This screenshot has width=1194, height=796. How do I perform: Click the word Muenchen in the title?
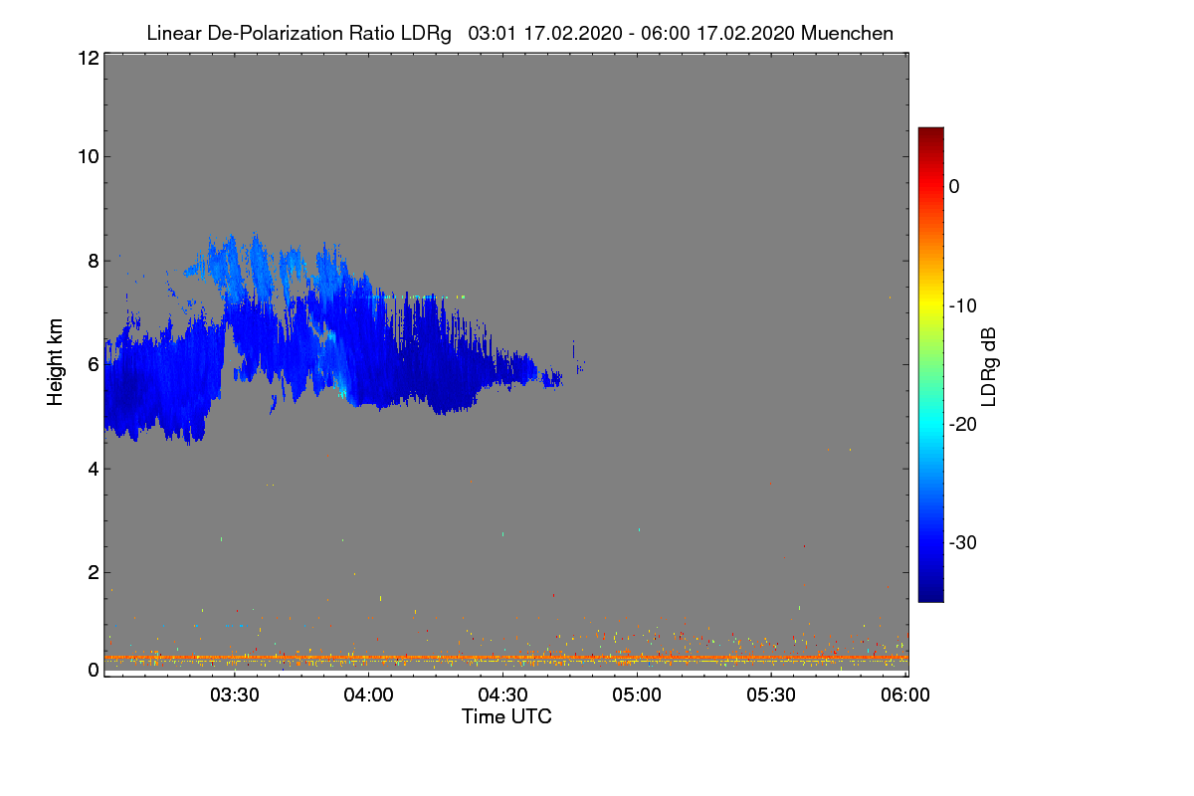click(x=847, y=33)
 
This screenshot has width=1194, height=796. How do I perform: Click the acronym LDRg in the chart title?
click(x=426, y=34)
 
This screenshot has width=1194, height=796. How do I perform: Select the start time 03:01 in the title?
click(x=492, y=33)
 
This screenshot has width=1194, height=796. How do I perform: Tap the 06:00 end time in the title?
click(x=665, y=33)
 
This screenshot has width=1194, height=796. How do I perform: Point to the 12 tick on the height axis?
click(x=89, y=58)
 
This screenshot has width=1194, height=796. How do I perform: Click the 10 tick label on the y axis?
click(x=89, y=157)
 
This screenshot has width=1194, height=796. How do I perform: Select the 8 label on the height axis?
click(x=94, y=262)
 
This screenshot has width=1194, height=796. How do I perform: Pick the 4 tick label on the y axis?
click(x=94, y=470)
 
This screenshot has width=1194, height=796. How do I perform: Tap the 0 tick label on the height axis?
click(x=94, y=671)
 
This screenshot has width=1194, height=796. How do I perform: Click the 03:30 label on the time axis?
click(x=235, y=696)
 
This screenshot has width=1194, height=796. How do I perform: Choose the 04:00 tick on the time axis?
click(x=369, y=696)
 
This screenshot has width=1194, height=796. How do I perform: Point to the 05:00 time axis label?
click(x=637, y=696)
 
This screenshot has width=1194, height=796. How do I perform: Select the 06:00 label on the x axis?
click(x=905, y=696)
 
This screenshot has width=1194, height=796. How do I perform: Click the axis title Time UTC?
click(x=506, y=716)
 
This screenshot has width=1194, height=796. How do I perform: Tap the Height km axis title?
click(x=55, y=362)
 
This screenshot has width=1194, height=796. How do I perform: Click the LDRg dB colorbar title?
click(x=989, y=367)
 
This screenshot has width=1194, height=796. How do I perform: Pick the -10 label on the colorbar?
click(x=963, y=306)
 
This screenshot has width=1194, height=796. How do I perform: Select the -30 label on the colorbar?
click(x=963, y=542)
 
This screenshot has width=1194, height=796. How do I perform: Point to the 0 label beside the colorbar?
click(x=954, y=187)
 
